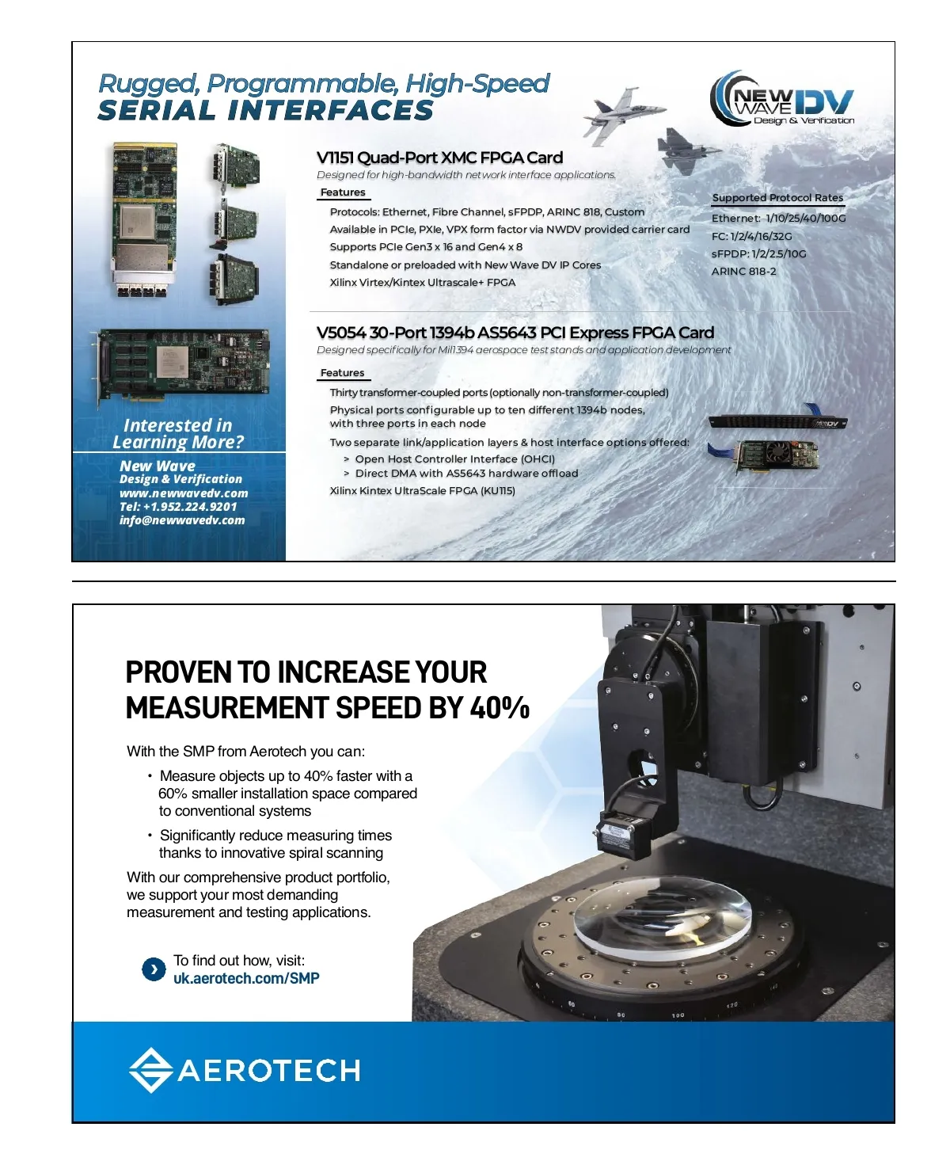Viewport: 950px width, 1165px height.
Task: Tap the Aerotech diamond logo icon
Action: pyautogui.click(x=150, y=1069)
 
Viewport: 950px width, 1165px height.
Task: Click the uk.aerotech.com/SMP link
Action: pyautogui.click(x=246, y=978)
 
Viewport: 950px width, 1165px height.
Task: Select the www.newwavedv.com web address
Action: pyautogui.click(x=184, y=493)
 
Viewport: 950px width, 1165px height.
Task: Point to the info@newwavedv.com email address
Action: pyautogui.click(x=182, y=520)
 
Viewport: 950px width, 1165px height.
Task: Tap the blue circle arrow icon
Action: pyautogui.click(x=154, y=969)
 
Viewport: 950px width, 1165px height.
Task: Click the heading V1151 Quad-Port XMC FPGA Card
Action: pyautogui.click(x=439, y=158)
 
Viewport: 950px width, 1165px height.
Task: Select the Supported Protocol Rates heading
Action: pyautogui.click(x=777, y=198)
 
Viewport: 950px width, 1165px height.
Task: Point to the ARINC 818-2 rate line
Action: pyautogui.click(x=743, y=271)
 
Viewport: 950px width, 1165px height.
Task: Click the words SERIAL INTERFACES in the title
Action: pyautogui.click(x=266, y=110)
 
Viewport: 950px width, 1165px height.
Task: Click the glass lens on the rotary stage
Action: pyautogui.click(x=663, y=916)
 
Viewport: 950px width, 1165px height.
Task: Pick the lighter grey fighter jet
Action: pyautogui.click(x=624, y=114)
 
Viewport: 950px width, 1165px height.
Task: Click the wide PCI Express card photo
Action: pyautogui.click(x=183, y=367)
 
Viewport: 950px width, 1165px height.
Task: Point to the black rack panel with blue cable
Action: pyautogui.click(x=777, y=420)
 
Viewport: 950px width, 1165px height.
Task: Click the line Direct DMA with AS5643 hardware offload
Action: pyautogui.click(x=466, y=474)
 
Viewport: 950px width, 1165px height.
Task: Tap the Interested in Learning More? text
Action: pyautogui.click(x=178, y=434)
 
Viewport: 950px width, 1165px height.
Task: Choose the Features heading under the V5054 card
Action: pyautogui.click(x=343, y=373)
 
